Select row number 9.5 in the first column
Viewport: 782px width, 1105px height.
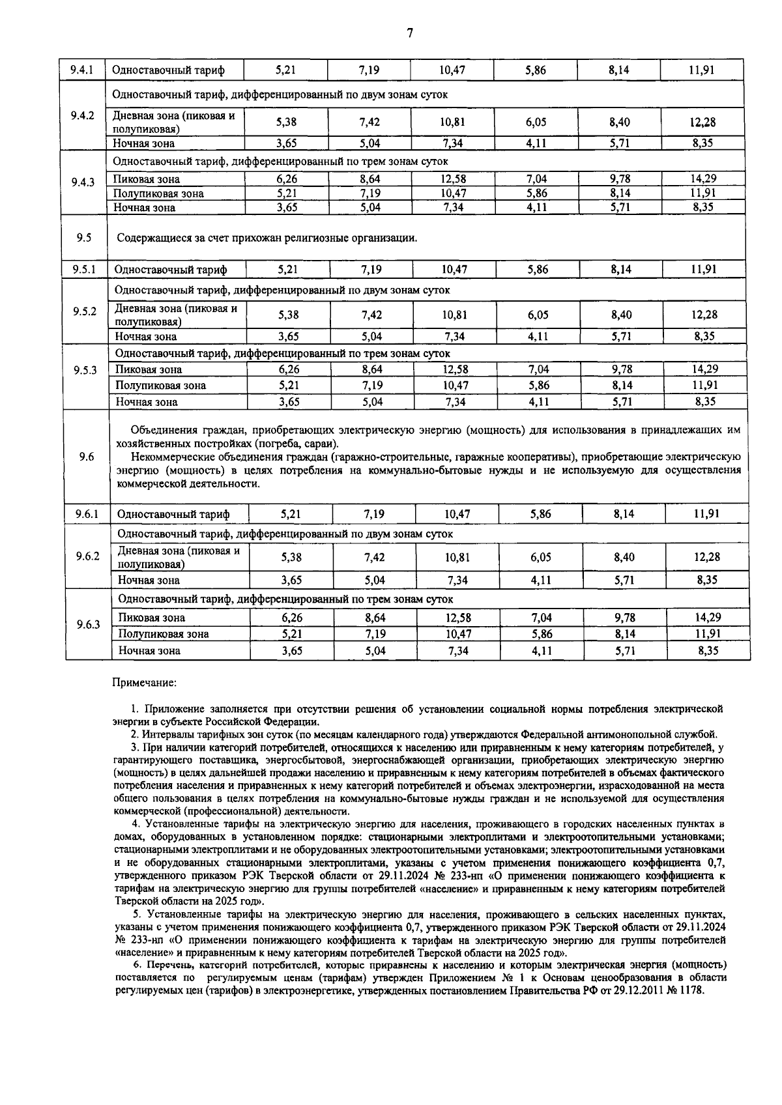[83, 238]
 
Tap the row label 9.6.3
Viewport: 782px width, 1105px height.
[88, 625]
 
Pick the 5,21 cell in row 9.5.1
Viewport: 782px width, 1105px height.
[288, 269]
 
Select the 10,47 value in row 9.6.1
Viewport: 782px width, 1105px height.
[457, 514]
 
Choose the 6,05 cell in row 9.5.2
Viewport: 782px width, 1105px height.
[538, 315]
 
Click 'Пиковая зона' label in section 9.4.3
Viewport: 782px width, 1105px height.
[146, 179]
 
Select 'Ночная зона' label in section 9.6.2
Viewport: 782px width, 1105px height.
[149, 580]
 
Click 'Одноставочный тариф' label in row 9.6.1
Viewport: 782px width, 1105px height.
[173, 515]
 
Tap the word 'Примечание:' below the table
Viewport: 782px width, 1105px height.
[145, 683]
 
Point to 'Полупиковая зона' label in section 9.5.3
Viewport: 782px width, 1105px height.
[160, 386]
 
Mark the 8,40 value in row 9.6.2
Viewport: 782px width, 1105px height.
[624, 558]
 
